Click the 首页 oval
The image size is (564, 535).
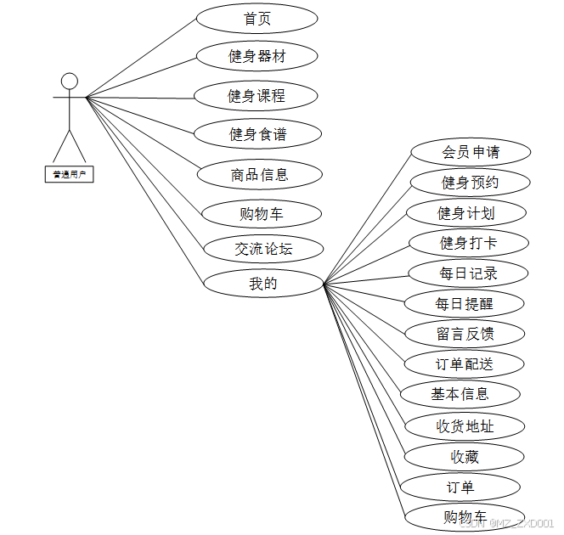pos(257,19)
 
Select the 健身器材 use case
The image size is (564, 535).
pos(257,57)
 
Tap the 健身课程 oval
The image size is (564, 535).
pos(256,96)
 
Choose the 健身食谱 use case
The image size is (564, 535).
pos(257,134)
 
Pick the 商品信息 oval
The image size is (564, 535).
pos(259,175)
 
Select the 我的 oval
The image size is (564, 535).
pos(263,284)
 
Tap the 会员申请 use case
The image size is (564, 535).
pos(471,152)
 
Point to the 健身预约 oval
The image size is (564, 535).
pos(470,183)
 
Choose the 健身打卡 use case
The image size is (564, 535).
pos(468,243)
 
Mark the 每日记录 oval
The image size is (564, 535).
pos(468,273)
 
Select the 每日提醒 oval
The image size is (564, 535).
pos(464,303)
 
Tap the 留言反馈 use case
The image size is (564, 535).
pos(465,334)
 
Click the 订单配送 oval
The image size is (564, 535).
pos(464,364)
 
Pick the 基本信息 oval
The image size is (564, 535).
pos(460,394)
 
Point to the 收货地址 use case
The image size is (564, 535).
pos(465,426)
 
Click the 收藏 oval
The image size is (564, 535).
pos(465,457)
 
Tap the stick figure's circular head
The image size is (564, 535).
pos(70,82)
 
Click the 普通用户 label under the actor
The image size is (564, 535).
pos(69,174)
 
